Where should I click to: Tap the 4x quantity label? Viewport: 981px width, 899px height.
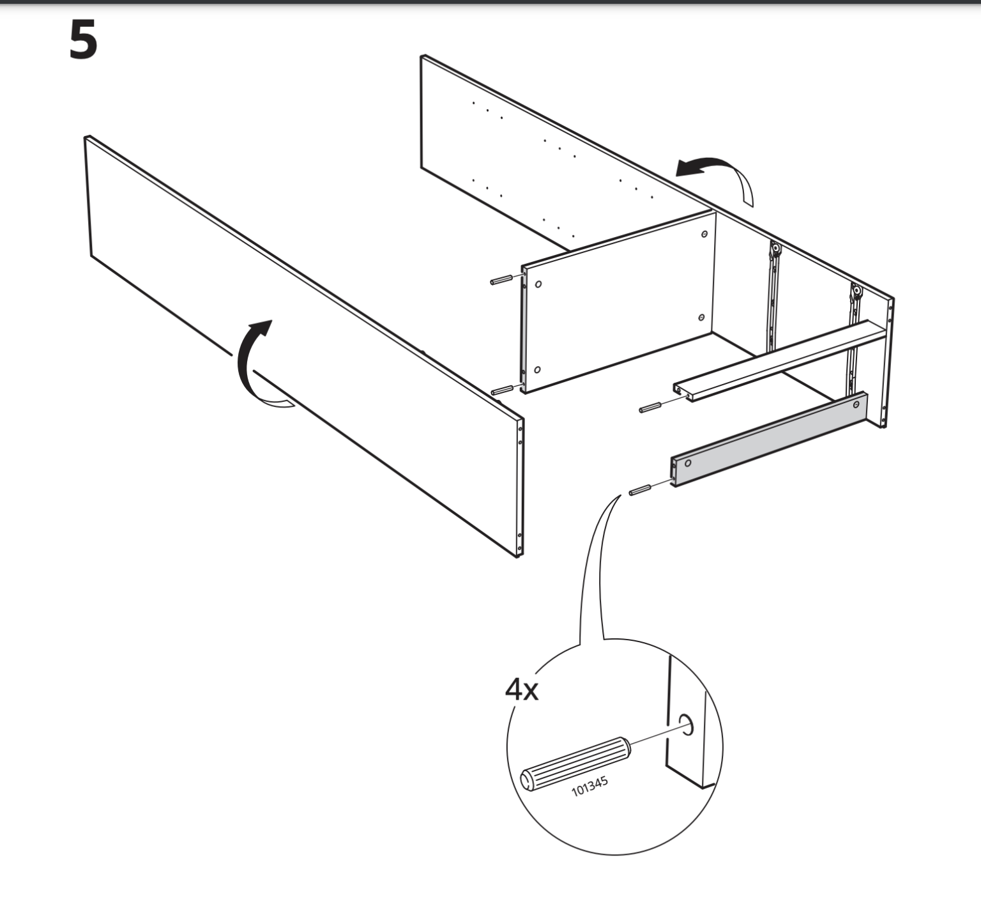521,689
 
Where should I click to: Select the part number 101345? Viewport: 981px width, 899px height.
589,786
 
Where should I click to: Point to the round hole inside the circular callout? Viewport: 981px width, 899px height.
686,724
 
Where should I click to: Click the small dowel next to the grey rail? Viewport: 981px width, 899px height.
639,490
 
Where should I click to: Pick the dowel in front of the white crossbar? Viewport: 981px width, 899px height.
650,407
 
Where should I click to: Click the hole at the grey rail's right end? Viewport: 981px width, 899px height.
856,405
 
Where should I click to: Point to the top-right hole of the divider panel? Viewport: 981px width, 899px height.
704,234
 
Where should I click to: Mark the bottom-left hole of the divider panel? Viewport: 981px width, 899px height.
537,369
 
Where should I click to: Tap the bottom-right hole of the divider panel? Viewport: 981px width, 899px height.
701,318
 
